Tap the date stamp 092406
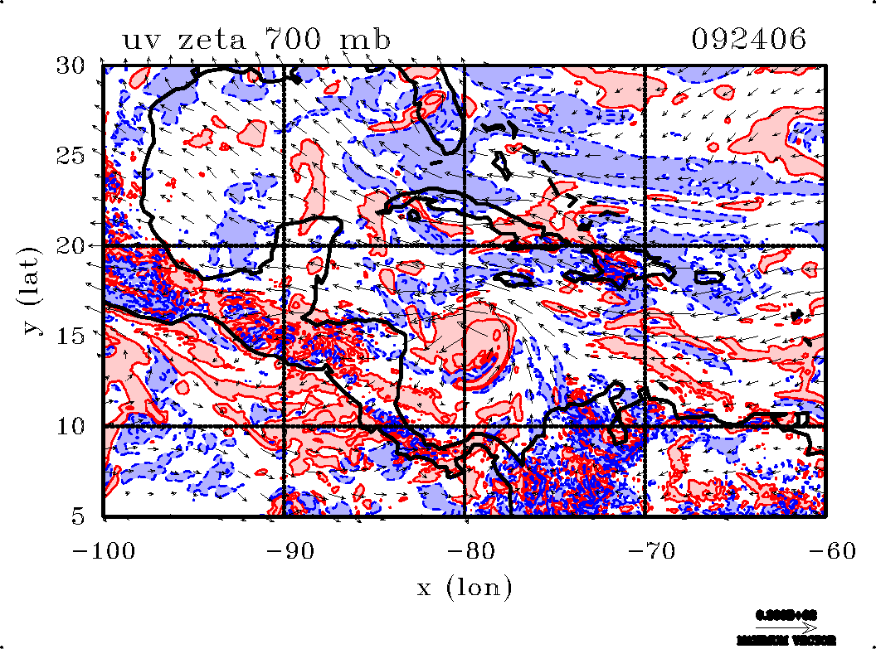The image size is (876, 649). tap(749, 40)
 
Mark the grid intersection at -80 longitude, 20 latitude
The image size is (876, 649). tap(464, 246)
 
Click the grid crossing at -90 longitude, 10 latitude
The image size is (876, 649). tap(284, 426)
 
